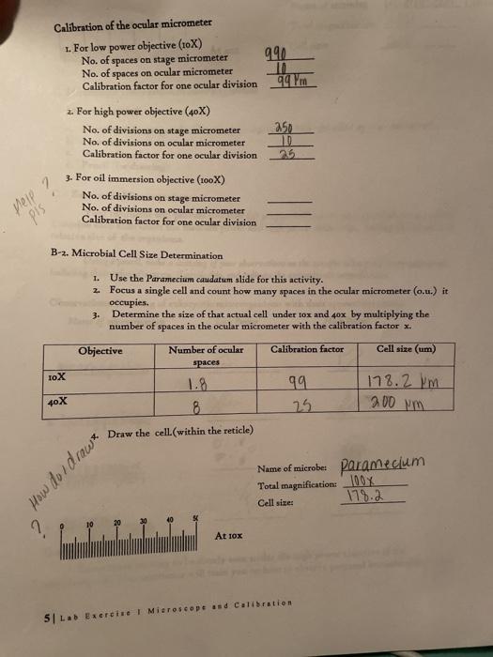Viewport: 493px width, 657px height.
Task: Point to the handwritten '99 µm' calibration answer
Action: coord(293,84)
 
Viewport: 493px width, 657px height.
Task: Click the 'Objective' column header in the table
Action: coord(100,350)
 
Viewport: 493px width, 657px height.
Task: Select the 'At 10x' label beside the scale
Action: coord(230,535)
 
